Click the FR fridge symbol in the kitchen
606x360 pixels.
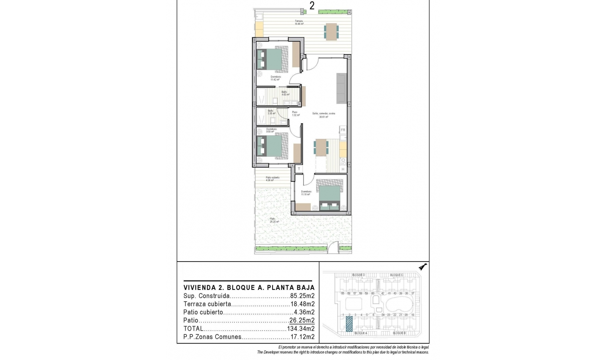pos(343,130)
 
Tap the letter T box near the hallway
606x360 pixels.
pos(299,169)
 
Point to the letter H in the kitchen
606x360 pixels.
pos(343,170)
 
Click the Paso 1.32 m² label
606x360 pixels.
pos(295,114)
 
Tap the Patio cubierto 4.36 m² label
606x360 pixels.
pos(272,179)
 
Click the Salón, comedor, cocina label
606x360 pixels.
pos(324,115)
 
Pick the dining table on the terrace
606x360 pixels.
pos(331,32)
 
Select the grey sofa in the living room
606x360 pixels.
pos(341,88)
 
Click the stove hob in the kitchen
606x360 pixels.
pos(343,161)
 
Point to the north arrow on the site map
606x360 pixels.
pos(423,267)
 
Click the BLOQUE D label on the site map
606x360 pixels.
pos(358,275)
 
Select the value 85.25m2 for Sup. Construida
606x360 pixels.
pos(302,296)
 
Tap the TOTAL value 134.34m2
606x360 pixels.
pos(301,329)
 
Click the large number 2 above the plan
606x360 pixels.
pos(312,6)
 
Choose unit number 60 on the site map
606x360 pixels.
pos(372,293)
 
